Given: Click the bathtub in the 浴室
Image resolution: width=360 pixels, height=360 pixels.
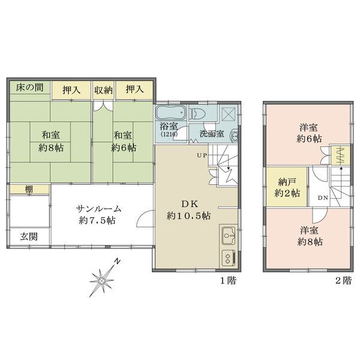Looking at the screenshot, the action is pos(171,113).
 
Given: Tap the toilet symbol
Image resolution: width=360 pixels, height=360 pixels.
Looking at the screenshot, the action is pos(197,113).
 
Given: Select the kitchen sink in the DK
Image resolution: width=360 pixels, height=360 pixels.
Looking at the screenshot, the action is pos(228,236).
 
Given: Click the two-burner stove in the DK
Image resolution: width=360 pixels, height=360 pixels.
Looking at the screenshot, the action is pos(229,258).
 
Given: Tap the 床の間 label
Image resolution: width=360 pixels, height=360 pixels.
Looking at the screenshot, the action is pos(29,87).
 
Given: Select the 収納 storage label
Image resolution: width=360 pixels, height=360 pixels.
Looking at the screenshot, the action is pos(104,90).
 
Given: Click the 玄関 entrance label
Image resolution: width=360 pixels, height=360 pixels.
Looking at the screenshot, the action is pos(29,236).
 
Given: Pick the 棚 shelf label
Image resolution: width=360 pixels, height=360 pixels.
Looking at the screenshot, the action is pos(29,189).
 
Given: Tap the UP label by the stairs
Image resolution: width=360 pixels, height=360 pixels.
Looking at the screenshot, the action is pos(202,155).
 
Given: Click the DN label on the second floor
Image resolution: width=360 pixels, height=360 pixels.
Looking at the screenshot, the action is pos(323,198).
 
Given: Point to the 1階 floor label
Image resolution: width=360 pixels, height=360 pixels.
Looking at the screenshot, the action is pos(228,280).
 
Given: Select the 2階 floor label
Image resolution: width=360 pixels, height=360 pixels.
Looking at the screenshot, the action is pos(343,280).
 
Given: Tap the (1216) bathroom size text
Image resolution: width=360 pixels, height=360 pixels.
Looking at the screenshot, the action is pos(169,134).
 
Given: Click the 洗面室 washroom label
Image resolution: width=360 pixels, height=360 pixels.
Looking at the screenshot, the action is pos(211,134).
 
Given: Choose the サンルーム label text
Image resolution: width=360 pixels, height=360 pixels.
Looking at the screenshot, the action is pos(98,209).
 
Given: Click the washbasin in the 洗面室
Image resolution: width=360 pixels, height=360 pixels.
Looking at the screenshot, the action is pos(235,136).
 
